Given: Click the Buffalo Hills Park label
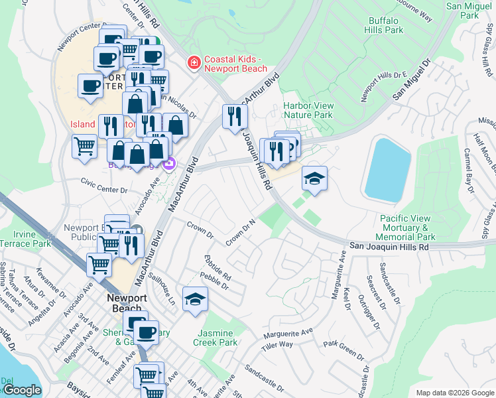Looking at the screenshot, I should (x=385, y=25).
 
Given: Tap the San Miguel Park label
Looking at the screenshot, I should (x=471, y=10).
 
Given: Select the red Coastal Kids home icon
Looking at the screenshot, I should (x=194, y=63).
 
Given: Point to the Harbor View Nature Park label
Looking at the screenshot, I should (x=308, y=110).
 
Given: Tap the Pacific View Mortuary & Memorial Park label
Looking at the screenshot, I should (x=407, y=228).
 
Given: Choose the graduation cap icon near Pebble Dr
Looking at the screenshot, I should (x=195, y=300).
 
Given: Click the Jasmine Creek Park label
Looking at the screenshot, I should (x=214, y=338).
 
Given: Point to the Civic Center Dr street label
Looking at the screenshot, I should (x=103, y=190).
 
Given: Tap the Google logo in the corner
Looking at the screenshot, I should (x=22, y=390).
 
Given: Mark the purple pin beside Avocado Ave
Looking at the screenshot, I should (x=169, y=163).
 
